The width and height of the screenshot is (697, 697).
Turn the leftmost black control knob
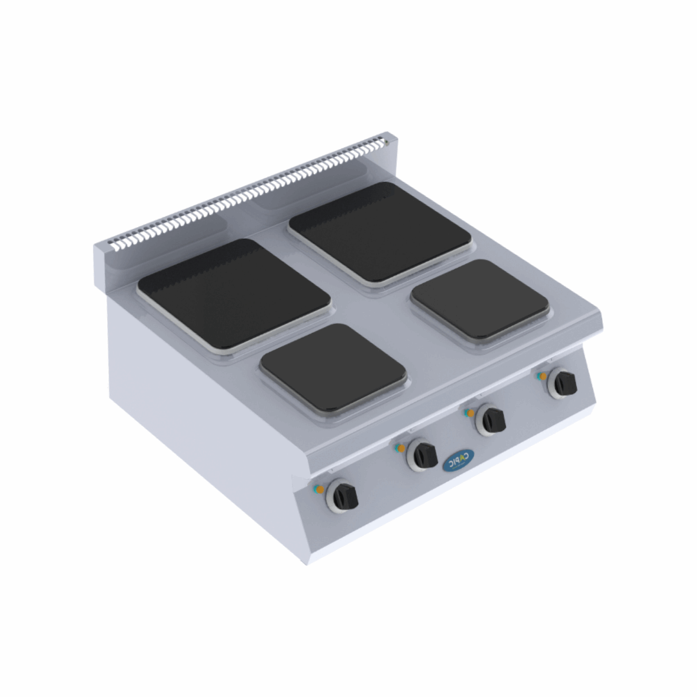pos(343,495)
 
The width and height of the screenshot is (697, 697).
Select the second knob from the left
pos(423,455)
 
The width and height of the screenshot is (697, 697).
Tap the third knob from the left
pos(492,421)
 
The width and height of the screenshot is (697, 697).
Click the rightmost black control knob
pos(563,383)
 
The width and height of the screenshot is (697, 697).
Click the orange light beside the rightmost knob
pos(543,376)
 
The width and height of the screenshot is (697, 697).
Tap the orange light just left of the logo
pos(401,448)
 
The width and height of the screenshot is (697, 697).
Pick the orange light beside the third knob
pos(472,413)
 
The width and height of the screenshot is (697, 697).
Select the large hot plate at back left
pos(234,294)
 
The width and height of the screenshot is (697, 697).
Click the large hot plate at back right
pos(380,231)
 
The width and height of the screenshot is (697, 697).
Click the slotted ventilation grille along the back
pos(252,191)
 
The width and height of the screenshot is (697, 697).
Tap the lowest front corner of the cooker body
pos(308,560)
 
